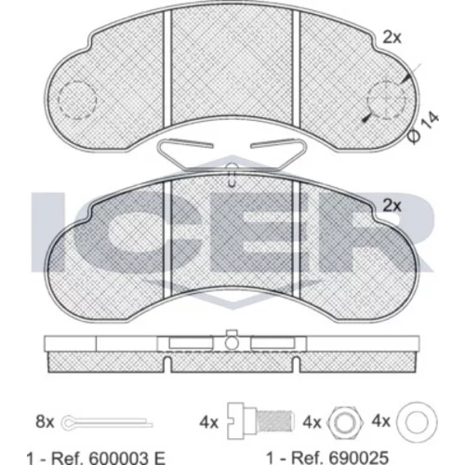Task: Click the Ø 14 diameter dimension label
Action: [x=423, y=127]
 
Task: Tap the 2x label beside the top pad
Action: [x=392, y=38]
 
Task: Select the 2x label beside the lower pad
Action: [x=392, y=206]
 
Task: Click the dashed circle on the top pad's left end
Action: [x=77, y=100]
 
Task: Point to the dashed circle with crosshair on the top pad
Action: [x=386, y=100]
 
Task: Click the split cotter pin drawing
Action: [x=107, y=422]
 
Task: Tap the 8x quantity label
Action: [x=45, y=422]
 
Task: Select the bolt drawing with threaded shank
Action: [x=260, y=421]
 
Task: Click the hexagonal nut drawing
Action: [x=344, y=422]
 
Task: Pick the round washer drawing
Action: [x=417, y=422]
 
